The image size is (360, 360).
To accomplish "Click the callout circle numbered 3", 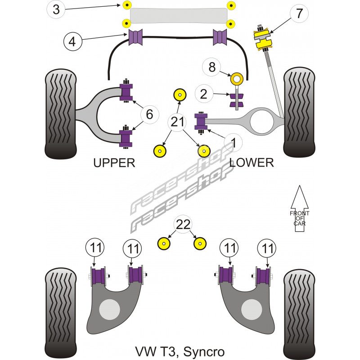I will pos(56,9).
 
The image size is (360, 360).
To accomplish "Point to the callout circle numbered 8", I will pos(212,67).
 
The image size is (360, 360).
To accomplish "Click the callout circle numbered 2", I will pos(203,94).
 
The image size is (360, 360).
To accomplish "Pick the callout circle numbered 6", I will pos(149,115).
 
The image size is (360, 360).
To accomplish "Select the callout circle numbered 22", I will pos(183,224).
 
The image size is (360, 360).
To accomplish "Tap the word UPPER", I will pos(114,163).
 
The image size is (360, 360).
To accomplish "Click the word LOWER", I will pos(252,163).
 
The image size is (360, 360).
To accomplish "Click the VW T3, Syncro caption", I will pos(180,351).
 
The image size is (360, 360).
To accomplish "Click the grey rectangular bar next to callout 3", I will pos(179,16).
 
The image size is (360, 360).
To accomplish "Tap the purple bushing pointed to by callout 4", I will pos(135,37).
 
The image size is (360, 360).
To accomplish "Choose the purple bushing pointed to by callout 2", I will pos(236,100).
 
